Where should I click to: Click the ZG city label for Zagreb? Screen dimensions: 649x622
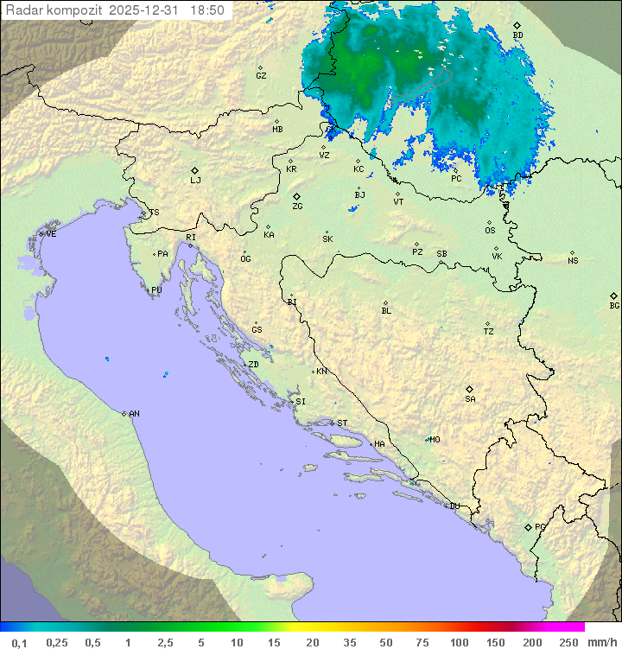(297, 207)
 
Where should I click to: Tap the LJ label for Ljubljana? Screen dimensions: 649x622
(195, 181)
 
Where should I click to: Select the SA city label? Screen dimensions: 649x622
(470, 399)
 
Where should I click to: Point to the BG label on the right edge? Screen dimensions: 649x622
(614, 306)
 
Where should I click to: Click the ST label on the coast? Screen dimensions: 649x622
(342, 423)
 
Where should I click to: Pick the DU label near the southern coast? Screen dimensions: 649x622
(454, 506)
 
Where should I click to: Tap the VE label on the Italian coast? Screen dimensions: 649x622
(51, 234)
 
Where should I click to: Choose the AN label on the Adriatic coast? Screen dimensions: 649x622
(134, 414)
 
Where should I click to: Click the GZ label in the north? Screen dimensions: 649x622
(261, 76)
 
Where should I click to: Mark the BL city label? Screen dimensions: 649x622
(386, 311)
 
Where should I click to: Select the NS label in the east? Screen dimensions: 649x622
(573, 261)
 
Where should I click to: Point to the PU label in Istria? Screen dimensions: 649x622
(156, 290)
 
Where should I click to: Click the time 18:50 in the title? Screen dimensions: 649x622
(207, 10)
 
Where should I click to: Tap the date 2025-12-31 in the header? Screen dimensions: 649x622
(147, 10)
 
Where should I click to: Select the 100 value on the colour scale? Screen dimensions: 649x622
(460, 642)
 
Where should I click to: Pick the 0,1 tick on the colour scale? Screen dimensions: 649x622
(19, 642)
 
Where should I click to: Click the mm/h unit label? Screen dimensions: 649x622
(600, 642)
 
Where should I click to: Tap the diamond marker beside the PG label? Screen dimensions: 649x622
(528, 527)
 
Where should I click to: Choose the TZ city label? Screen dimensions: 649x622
(489, 332)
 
